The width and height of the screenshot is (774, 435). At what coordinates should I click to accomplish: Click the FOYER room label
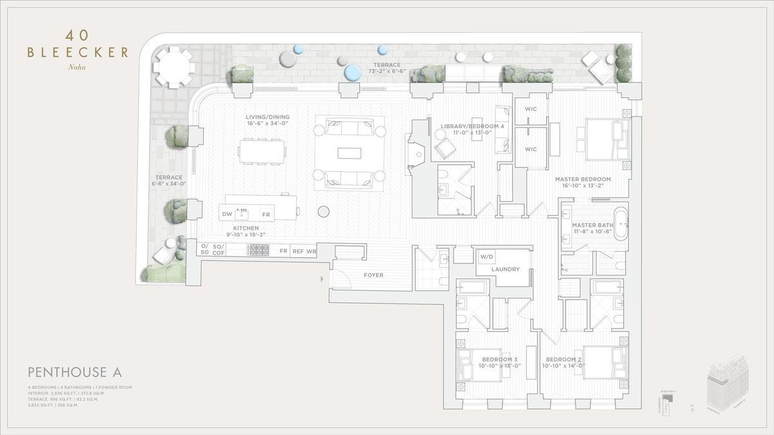[373, 275]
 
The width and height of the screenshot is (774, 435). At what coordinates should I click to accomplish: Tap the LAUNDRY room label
[505, 269]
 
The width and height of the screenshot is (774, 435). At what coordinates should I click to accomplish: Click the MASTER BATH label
[588, 226]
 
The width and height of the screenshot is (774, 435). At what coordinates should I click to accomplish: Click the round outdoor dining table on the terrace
[173, 66]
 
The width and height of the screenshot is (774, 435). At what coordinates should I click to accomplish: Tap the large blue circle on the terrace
[352, 72]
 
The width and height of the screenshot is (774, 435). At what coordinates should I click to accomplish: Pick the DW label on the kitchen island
[227, 214]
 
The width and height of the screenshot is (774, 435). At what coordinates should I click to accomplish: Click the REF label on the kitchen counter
[298, 251]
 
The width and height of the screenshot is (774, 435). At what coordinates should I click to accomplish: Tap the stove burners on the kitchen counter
[259, 250]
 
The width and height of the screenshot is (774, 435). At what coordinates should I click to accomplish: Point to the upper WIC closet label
[530, 110]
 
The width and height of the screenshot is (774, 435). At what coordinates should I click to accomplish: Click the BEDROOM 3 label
[499, 359]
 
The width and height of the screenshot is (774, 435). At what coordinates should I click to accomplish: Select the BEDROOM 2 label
[564, 359]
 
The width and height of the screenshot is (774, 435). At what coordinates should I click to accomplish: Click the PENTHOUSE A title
[75, 372]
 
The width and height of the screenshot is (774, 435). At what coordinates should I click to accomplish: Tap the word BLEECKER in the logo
[77, 52]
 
